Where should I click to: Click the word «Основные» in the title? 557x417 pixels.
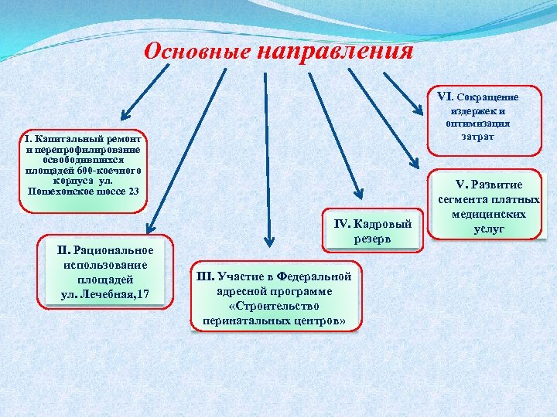(197, 51)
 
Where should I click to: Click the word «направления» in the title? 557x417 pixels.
(335, 51)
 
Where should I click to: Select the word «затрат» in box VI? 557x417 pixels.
(477, 136)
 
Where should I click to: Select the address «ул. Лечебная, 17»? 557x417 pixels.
(105, 293)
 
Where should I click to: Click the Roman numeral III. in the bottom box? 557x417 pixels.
(205, 276)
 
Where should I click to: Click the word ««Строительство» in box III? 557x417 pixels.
(275, 305)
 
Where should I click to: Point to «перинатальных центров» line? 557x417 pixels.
(275, 320)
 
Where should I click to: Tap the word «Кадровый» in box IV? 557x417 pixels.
(384, 224)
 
